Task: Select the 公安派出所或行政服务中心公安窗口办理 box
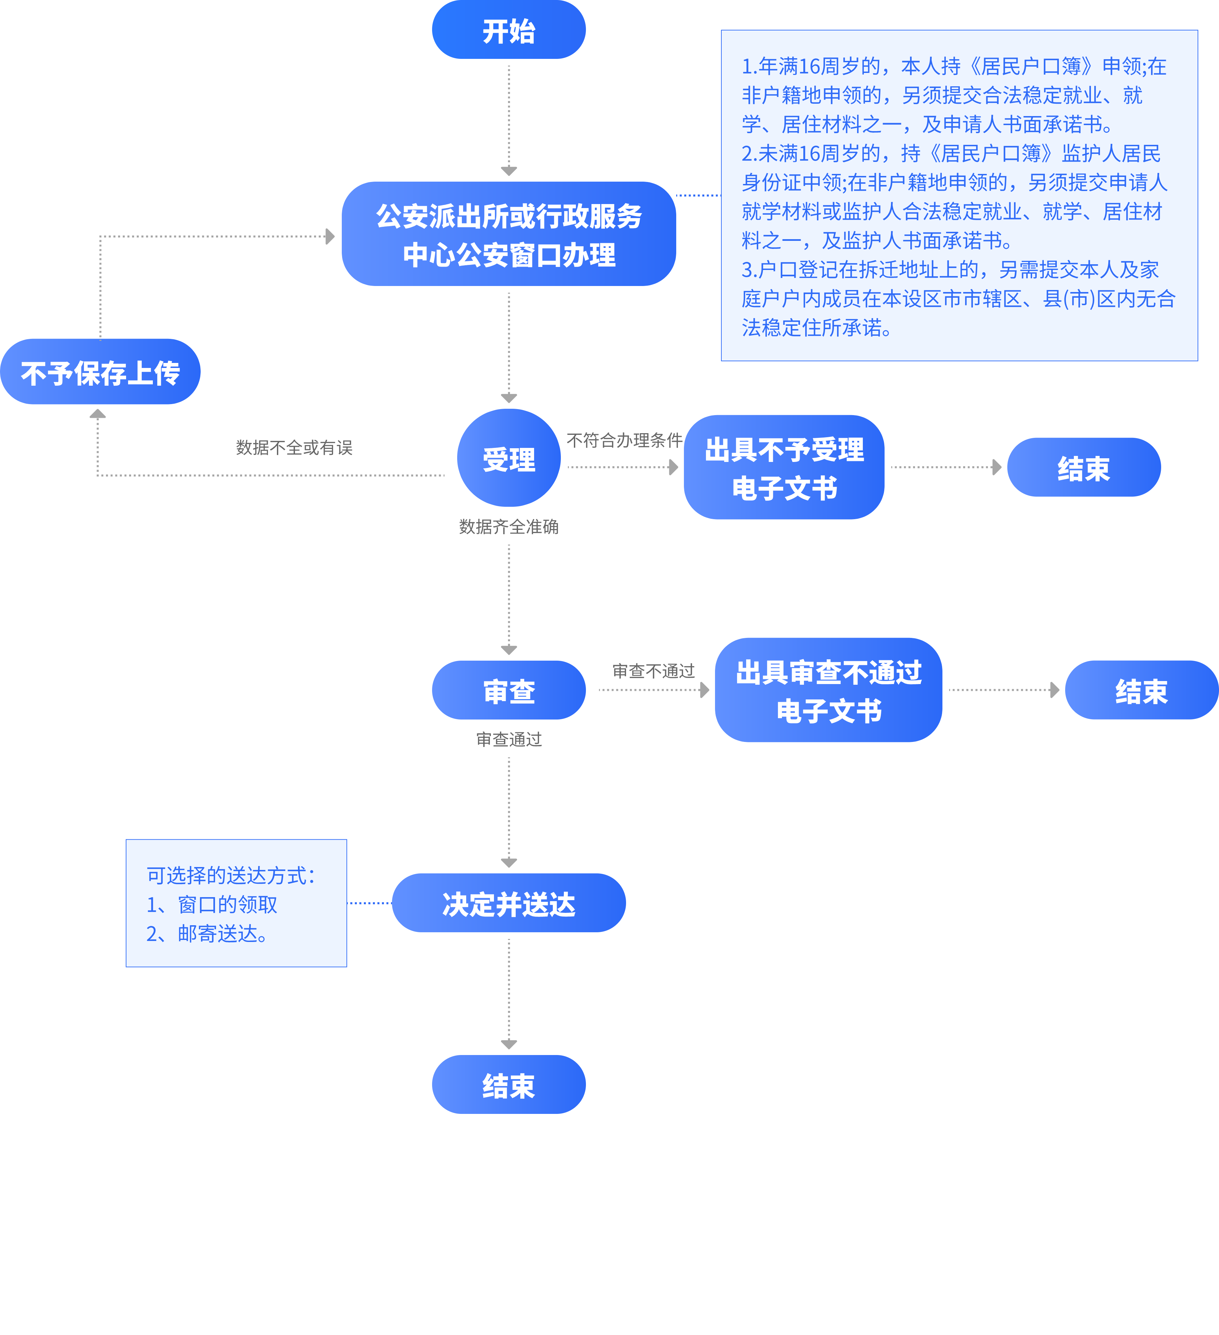[x=509, y=234]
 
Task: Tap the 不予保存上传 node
[x=100, y=372]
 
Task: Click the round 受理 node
[x=509, y=458]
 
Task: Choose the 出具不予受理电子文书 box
[x=784, y=468]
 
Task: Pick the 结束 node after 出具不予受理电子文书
[x=1083, y=468]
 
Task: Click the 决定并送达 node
[x=509, y=903]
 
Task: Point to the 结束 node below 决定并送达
[x=509, y=1085]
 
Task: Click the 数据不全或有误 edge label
[x=294, y=448]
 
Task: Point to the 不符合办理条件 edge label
[x=624, y=440]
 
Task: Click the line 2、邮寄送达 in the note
[x=207, y=934]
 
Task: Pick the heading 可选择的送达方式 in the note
[x=230, y=875]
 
